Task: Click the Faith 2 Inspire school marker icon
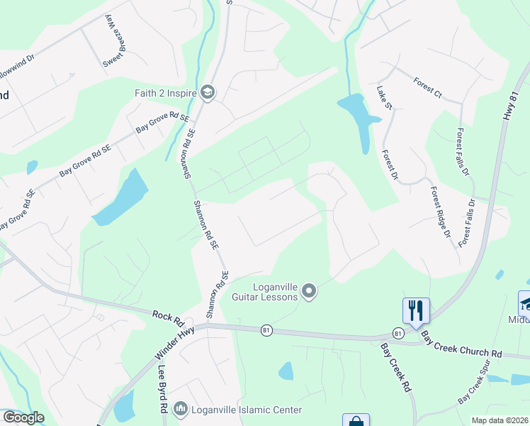point(208,92)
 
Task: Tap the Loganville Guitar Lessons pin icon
point(308,290)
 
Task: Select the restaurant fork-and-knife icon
point(415,310)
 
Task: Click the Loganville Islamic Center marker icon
point(180,409)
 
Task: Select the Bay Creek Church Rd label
point(461,344)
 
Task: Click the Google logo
point(23,417)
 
